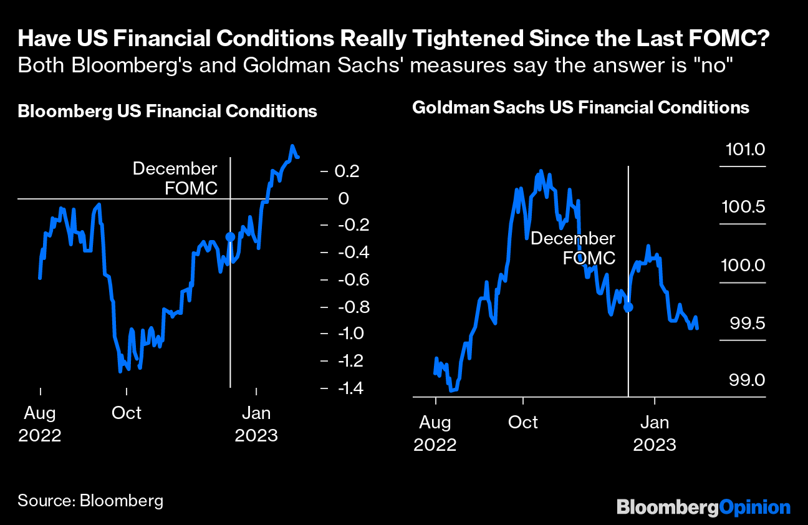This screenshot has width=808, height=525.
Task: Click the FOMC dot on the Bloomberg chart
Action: [x=230, y=237]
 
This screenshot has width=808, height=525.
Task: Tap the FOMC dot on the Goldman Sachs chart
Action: [x=628, y=307]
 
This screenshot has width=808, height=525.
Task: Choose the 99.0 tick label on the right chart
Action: [x=748, y=380]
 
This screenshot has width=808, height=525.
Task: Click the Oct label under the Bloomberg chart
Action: [x=127, y=413]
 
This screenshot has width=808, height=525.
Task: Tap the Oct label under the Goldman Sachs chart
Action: [x=522, y=422]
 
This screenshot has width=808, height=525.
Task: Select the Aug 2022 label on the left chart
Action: [x=40, y=424]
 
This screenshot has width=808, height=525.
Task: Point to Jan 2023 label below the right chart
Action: [x=655, y=433]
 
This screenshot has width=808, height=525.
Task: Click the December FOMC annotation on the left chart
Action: [x=175, y=178]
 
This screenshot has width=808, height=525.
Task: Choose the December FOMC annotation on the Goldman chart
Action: [x=572, y=248]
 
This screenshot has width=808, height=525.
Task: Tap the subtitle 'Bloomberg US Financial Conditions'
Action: [x=168, y=112]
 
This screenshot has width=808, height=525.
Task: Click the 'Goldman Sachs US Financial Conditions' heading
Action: [x=580, y=108]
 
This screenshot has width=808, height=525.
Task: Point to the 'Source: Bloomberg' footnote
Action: [x=90, y=501]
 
